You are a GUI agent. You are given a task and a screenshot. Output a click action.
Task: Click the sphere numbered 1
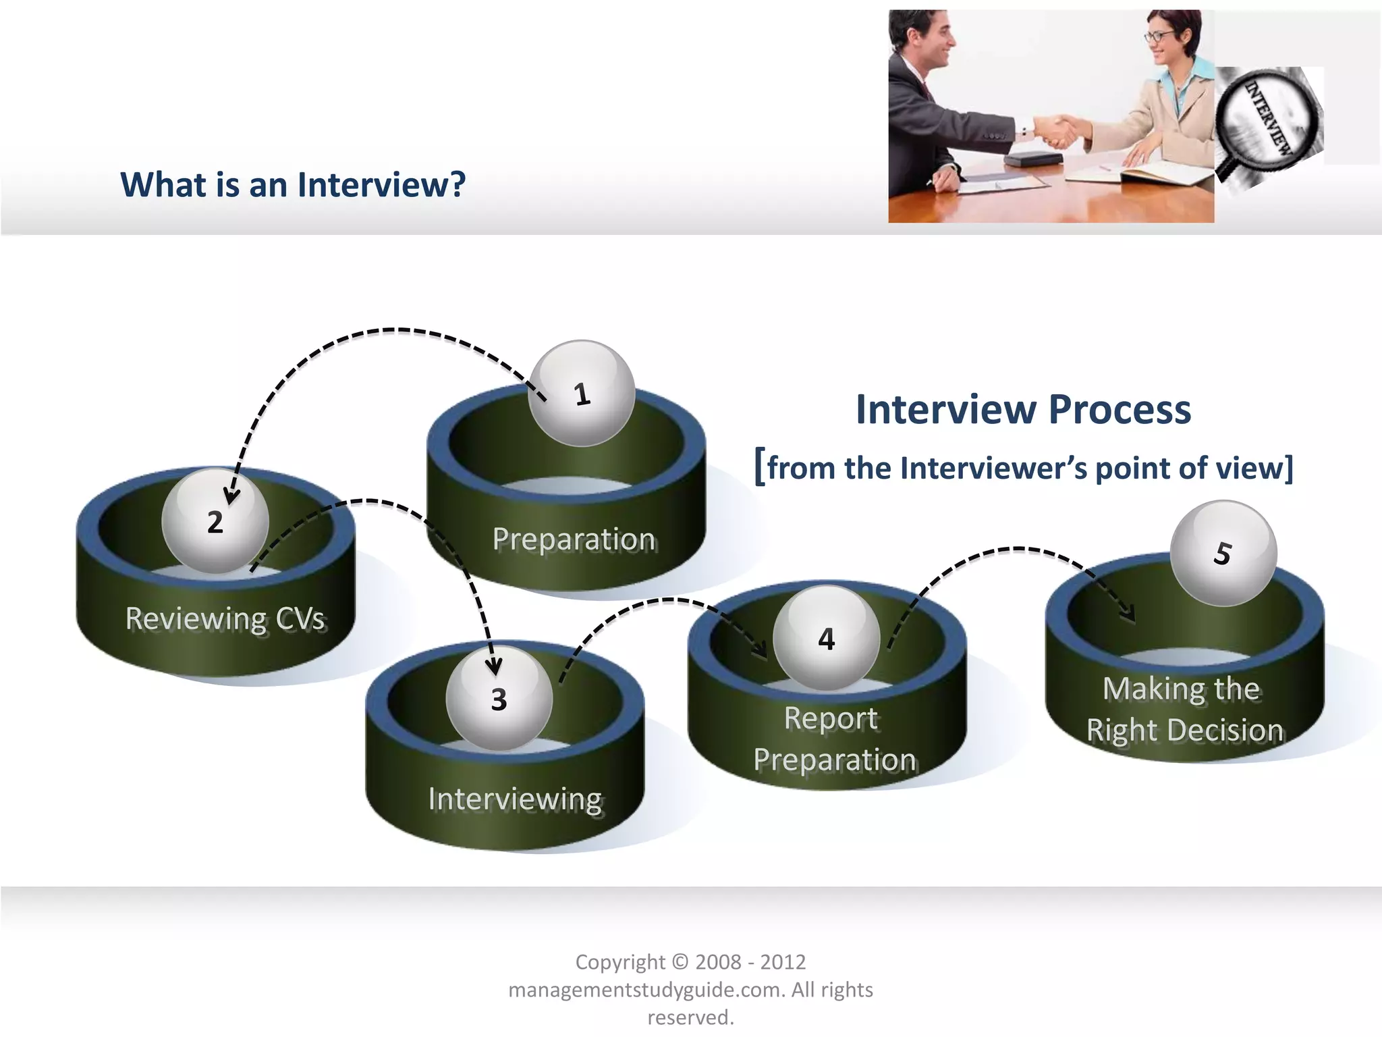(x=582, y=394)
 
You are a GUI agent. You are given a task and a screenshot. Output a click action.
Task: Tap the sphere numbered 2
(x=215, y=521)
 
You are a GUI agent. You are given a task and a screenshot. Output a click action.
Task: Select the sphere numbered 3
(x=499, y=699)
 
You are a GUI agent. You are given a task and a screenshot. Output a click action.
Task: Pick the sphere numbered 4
(x=826, y=639)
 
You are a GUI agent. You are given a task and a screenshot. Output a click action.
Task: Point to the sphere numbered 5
(x=1223, y=553)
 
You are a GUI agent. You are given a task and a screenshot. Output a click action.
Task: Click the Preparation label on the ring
(x=574, y=539)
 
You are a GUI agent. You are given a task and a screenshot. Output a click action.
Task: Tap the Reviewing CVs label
(x=225, y=618)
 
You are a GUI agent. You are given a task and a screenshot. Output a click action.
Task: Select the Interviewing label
(x=515, y=799)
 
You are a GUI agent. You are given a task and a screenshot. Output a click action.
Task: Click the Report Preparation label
(x=834, y=739)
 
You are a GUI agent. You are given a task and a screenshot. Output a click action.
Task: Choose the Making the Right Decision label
(x=1184, y=710)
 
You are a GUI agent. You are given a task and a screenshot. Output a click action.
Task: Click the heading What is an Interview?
(x=293, y=184)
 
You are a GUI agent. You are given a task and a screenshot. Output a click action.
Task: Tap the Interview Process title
(x=1023, y=409)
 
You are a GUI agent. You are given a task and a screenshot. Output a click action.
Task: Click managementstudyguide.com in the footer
(x=645, y=990)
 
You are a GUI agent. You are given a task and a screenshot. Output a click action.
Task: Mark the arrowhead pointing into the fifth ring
(x=1128, y=614)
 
